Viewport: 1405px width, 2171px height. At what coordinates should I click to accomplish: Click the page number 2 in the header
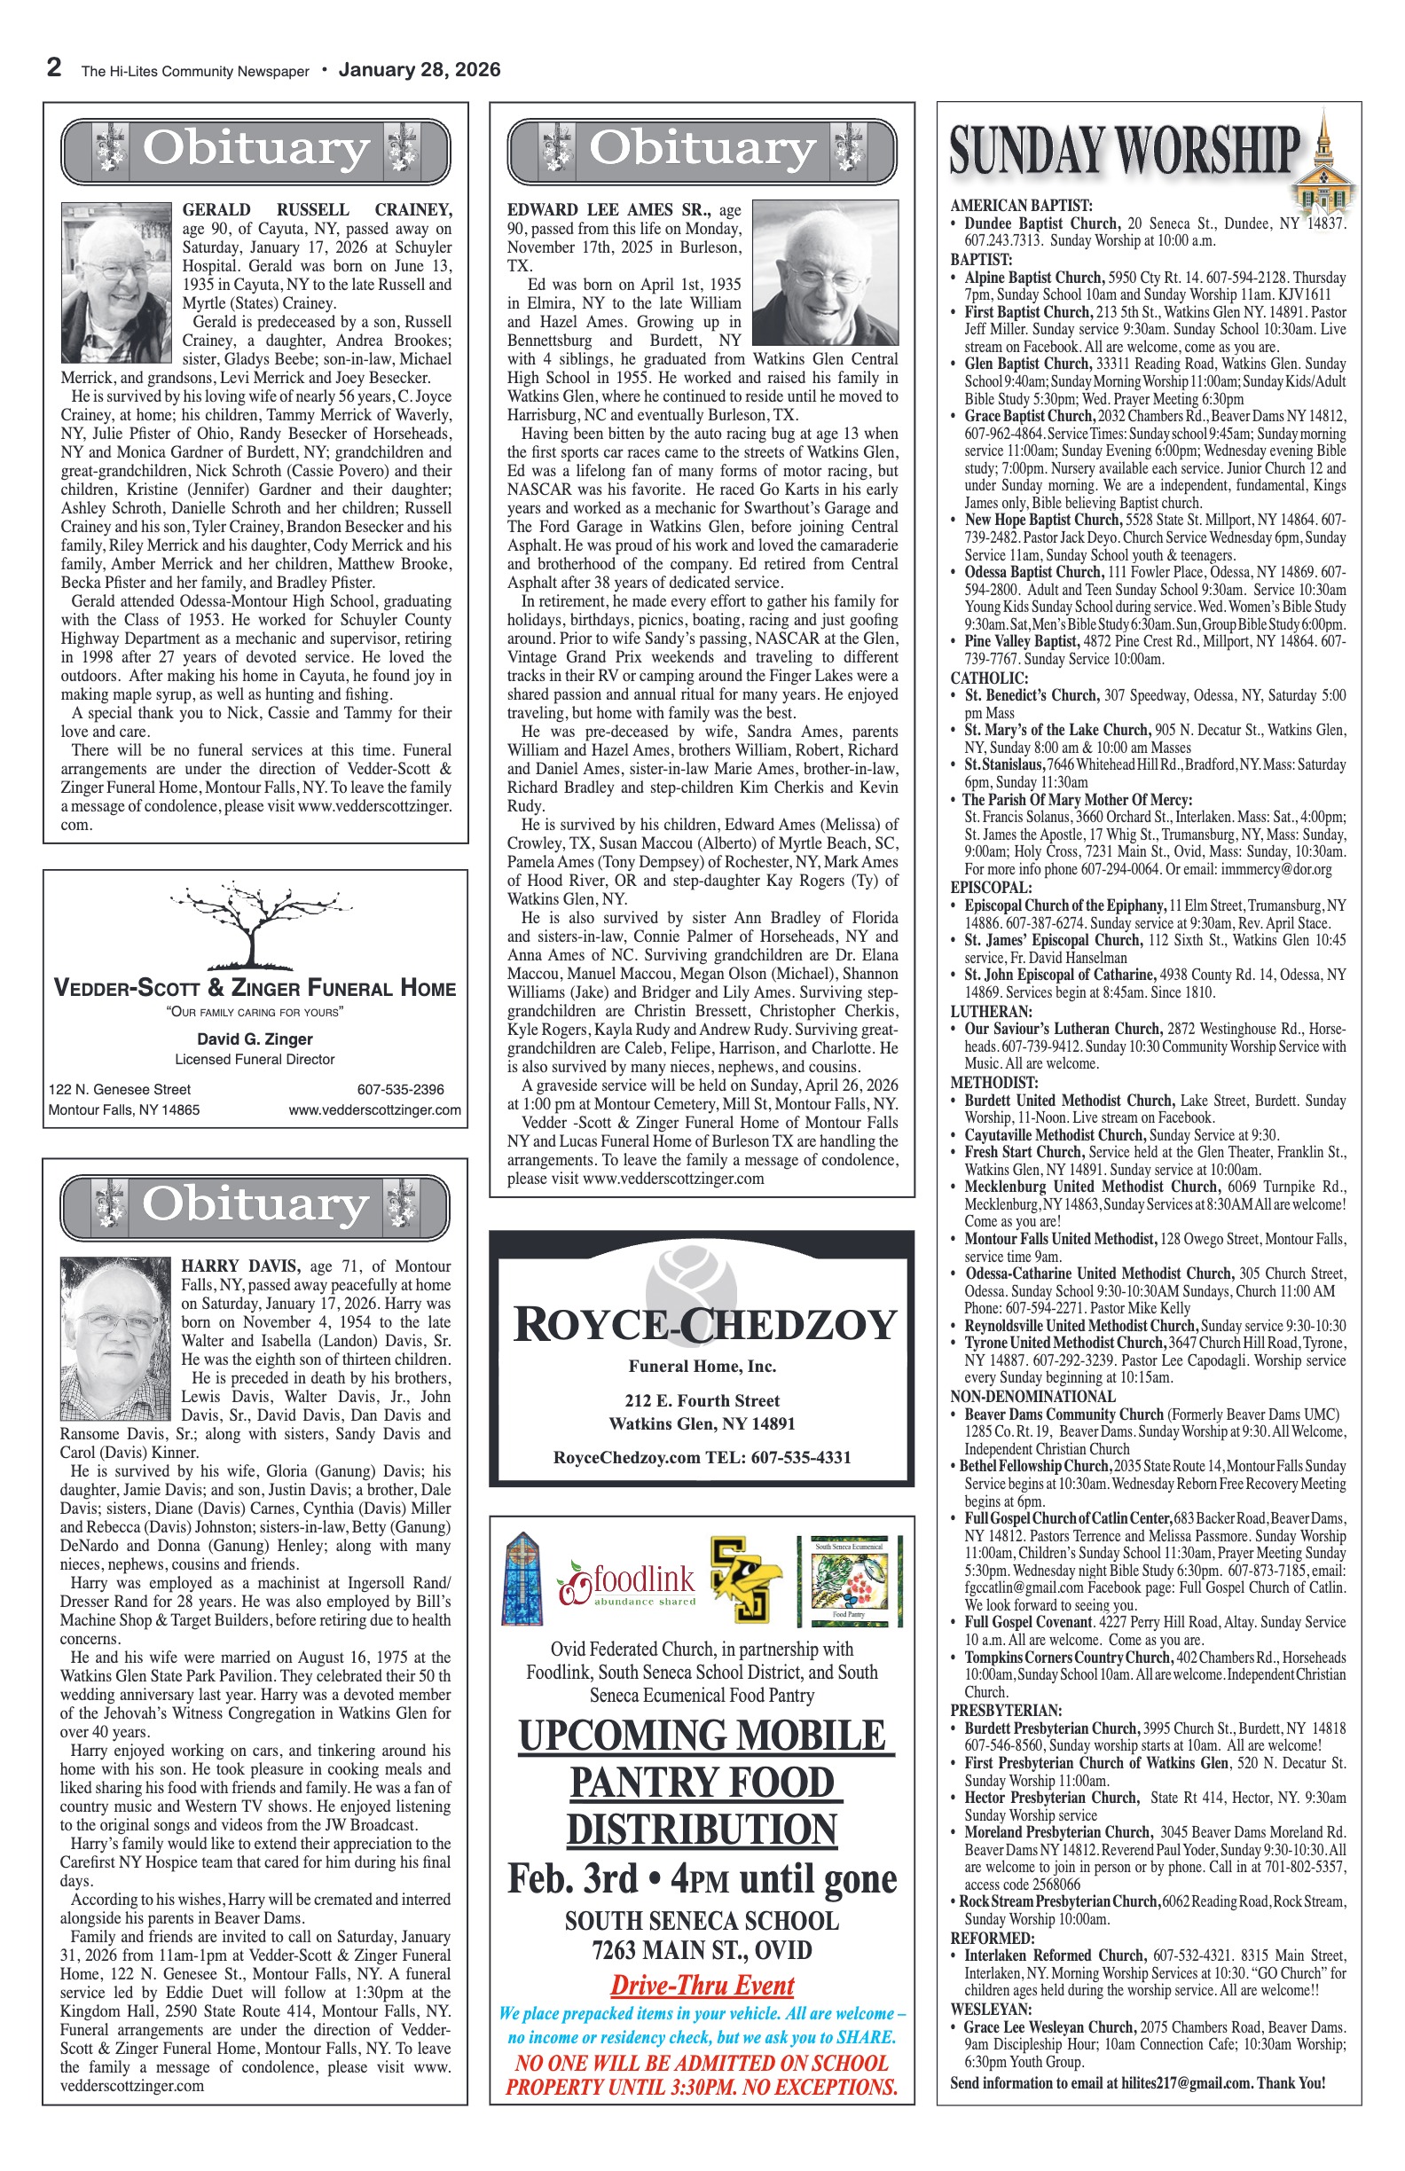click(x=55, y=68)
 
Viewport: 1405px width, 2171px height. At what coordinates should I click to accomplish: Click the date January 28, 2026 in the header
click(x=419, y=70)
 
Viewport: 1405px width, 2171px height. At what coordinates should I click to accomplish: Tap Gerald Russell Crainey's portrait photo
click(x=116, y=283)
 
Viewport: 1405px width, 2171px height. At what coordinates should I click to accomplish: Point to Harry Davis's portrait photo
click(x=115, y=1338)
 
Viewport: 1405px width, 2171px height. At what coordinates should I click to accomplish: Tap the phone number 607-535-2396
click(x=401, y=1089)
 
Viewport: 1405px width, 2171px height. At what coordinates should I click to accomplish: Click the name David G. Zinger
click(x=255, y=1039)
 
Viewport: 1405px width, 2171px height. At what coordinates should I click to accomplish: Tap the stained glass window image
click(x=522, y=1579)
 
